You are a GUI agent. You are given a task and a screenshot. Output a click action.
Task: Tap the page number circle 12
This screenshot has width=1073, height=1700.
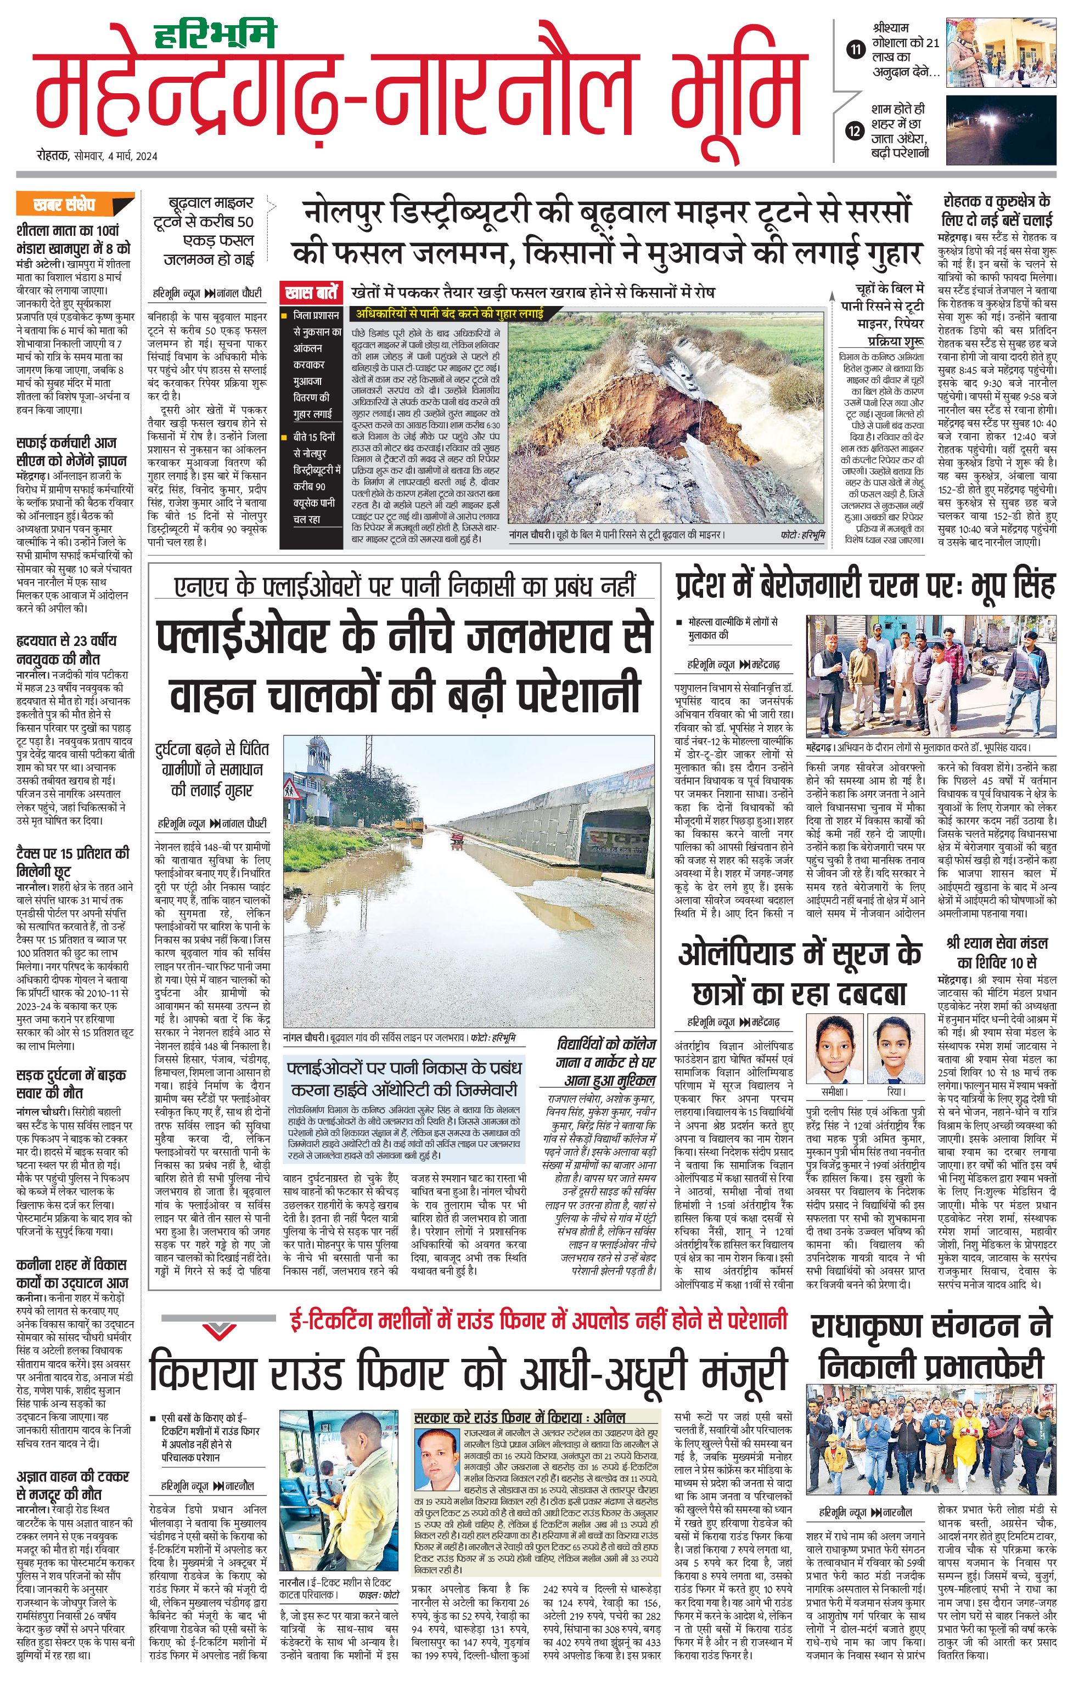[x=856, y=131]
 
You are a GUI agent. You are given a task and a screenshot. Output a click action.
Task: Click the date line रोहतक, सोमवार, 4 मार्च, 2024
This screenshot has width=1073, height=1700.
[x=98, y=156]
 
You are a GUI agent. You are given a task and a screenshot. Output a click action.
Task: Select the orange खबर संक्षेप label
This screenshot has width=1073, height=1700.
[x=64, y=205]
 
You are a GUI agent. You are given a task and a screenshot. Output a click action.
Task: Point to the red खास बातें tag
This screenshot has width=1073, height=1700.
[x=310, y=292]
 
